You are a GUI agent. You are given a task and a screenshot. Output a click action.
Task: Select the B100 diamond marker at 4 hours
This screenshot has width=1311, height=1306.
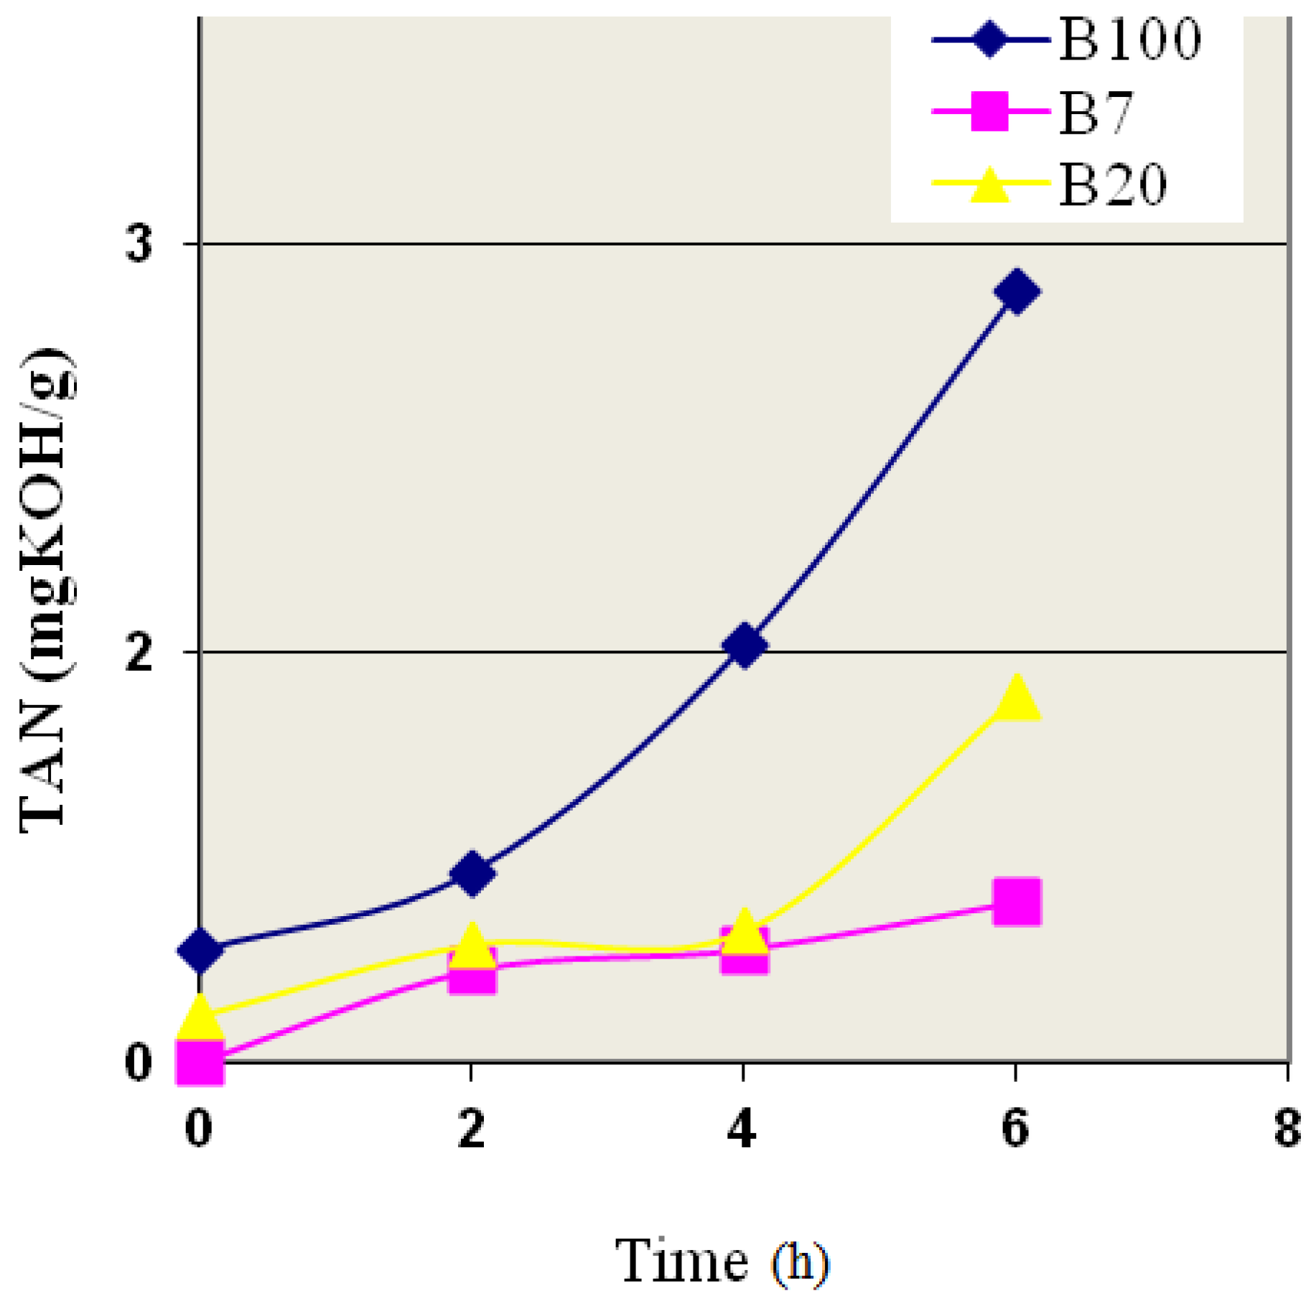point(744,645)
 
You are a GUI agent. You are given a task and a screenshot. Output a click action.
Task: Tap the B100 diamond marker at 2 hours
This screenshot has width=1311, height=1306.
point(472,874)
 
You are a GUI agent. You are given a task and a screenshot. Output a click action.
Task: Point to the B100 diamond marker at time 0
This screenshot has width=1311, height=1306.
point(200,950)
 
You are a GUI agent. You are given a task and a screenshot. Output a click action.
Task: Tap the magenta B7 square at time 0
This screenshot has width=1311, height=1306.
point(200,1061)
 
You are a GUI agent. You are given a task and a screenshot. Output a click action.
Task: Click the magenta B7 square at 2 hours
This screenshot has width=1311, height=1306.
point(472,973)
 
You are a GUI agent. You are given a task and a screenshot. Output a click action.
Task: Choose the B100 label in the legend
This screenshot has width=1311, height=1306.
point(1129,39)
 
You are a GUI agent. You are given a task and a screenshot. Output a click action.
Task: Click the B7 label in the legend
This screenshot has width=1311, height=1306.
point(1096,113)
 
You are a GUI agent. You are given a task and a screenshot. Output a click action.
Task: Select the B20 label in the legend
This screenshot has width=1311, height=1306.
point(1113,185)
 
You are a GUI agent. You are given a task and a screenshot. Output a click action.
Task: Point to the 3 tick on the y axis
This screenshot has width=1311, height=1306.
point(139,245)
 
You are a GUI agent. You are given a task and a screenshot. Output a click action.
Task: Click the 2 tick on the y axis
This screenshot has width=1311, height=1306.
point(139,653)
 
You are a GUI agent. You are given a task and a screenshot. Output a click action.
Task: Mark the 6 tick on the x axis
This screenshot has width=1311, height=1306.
point(1015,1128)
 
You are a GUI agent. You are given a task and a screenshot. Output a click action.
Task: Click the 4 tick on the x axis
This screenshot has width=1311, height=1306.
point(742,1128)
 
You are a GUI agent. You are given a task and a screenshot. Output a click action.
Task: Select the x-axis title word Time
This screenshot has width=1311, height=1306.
point(681,1261)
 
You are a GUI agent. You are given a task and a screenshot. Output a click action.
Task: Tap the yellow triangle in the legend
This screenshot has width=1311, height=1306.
point(989,184)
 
